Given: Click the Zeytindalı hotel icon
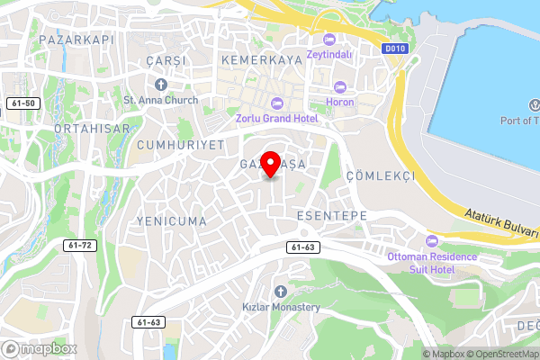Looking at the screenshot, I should point(327,39).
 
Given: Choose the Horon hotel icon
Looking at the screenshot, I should point(339,87).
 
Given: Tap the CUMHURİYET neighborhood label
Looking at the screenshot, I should point(180,144).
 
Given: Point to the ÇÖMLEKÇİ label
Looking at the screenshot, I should point(380,175).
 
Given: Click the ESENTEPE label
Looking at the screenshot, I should point(330,217).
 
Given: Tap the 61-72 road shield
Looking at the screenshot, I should point(80,245).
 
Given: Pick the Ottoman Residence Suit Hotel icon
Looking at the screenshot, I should point(431,241).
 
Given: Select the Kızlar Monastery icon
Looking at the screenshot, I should point(281,292).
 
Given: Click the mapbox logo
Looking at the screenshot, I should point(38,348).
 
